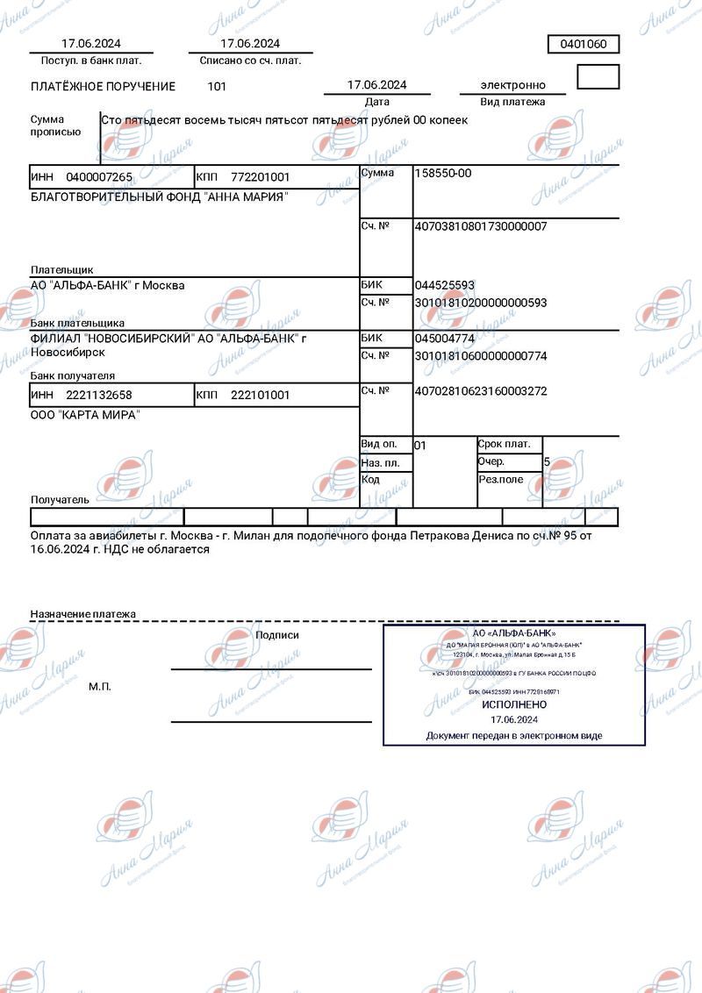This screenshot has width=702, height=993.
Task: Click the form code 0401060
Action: [584, 44]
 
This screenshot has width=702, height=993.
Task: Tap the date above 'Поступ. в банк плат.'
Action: [91, 43]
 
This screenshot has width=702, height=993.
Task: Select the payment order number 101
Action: [217, 86]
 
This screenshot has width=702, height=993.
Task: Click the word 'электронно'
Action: [512, 85]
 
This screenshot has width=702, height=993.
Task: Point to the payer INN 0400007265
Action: [99, 177]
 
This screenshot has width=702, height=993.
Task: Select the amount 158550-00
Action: [442, 173]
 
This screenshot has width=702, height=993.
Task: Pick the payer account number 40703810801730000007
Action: [480, 226]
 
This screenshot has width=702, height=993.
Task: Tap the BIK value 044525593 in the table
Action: [444, 285]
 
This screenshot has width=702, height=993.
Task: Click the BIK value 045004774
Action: [444, 338]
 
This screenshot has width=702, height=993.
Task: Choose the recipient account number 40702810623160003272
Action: [480, 391]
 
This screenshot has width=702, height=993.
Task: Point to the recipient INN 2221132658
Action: [99, 395]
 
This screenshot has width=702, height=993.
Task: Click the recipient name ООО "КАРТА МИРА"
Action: [84, 415]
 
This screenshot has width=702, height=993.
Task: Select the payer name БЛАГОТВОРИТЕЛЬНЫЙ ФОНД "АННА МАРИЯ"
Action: [159, 196]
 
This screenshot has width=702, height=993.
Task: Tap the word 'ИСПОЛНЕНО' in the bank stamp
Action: [514, 704]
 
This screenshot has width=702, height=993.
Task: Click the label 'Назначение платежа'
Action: [83, 614]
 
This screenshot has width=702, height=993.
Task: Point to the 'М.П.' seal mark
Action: [100, 686]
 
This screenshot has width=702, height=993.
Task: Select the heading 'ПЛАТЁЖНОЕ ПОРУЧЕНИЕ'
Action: [104, 87]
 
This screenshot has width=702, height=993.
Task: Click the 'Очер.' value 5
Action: [547, 461]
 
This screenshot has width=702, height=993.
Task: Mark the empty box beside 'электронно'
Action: [598, 77]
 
